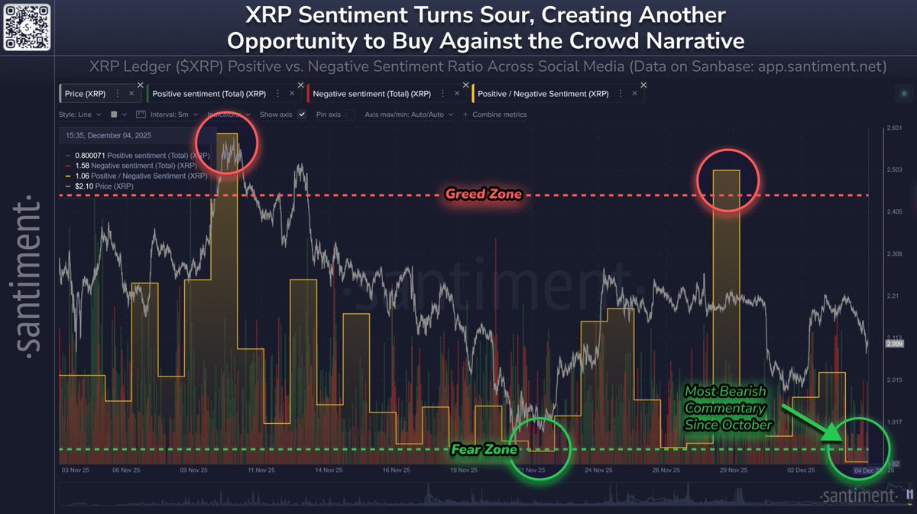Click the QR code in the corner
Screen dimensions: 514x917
(x=28, y=27)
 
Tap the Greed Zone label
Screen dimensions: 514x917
(x=483, y=194)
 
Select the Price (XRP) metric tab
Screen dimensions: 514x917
(x=85, y=93)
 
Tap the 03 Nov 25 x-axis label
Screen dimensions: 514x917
(x=76, y=470)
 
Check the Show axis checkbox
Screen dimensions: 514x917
(x=302, y=115)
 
